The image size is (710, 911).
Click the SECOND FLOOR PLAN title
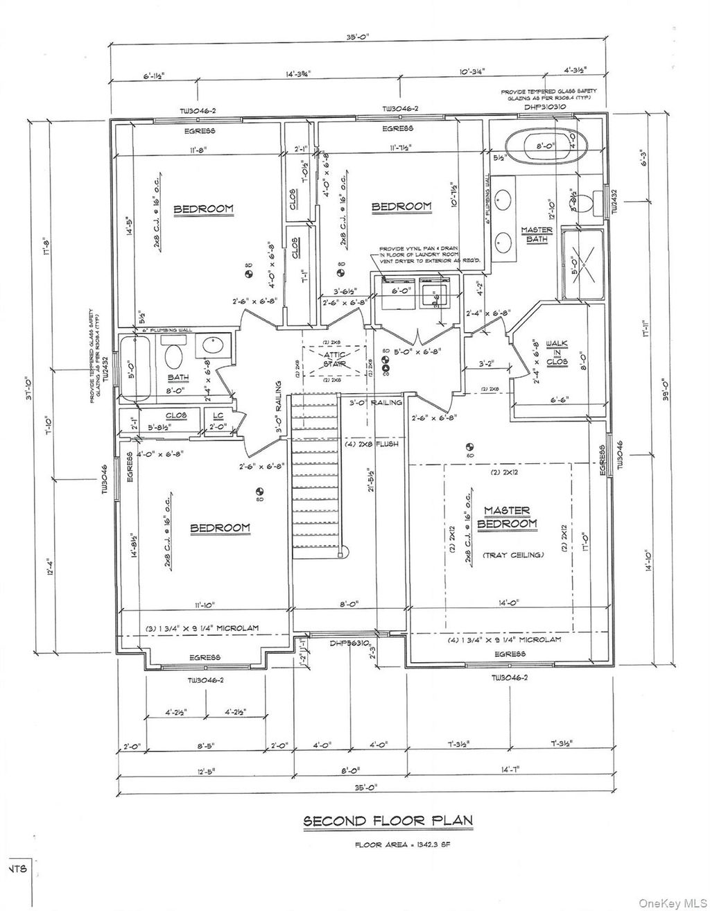(x=388, y=821)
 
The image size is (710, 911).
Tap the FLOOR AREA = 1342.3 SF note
(x=388, y=844)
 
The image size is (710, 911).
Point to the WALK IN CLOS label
(x=557, y=352)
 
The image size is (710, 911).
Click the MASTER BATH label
(x=537, y=234)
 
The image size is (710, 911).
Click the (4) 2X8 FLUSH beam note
(x=372, y=444)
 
